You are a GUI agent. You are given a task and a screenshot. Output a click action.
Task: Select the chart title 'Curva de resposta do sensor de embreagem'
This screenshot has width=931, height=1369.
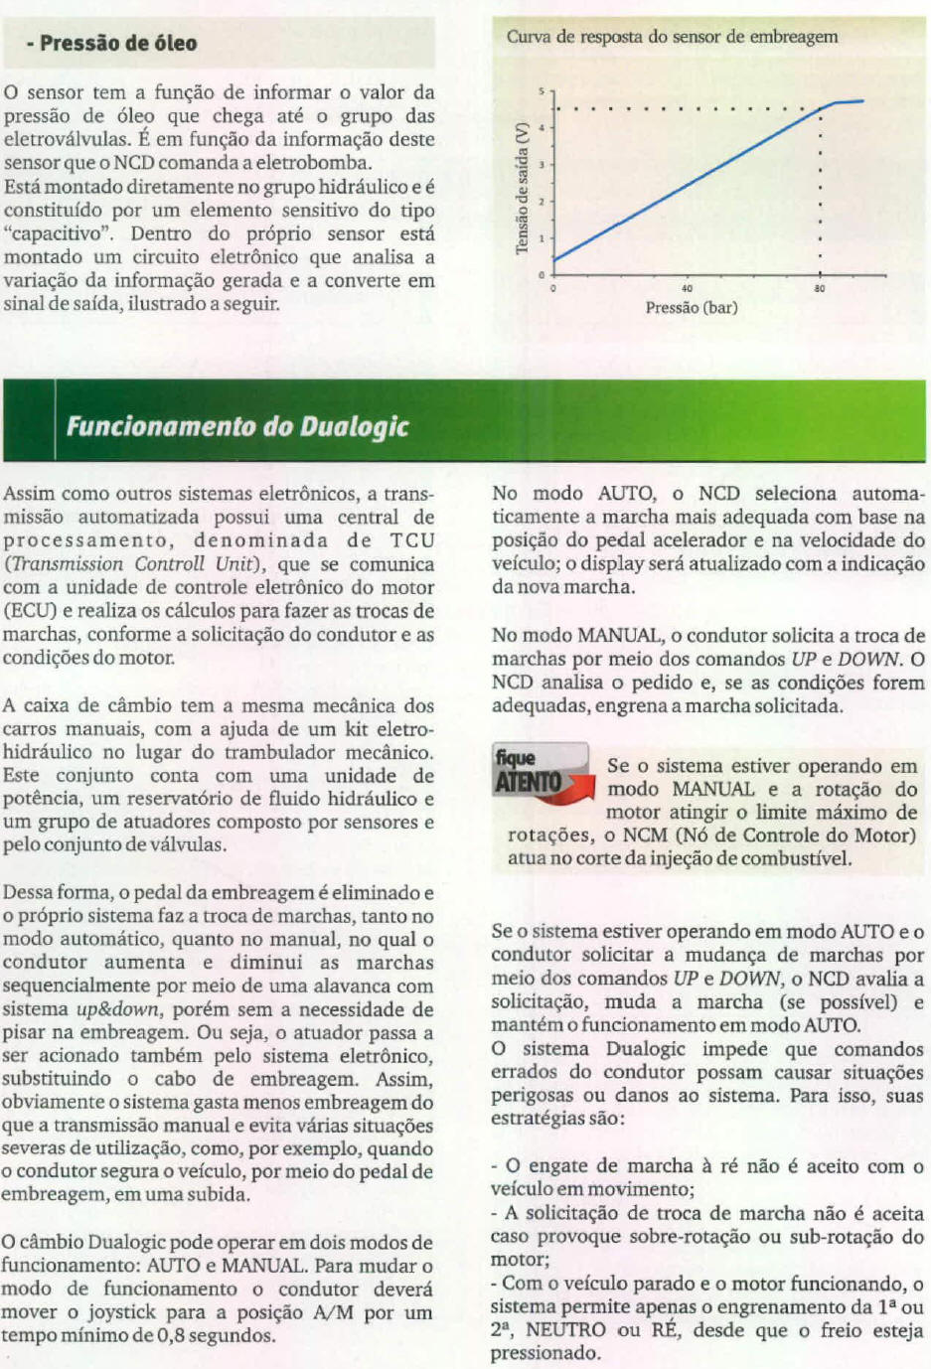(x=672, y=37)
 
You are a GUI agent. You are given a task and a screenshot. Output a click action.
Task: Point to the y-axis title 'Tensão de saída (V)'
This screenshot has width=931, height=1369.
(x=522, y=188)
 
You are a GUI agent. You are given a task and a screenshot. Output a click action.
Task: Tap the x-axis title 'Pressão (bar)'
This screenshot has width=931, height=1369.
(x=692, y=308)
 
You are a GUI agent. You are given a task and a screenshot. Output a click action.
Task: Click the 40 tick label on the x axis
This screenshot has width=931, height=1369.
(x=688, y=288)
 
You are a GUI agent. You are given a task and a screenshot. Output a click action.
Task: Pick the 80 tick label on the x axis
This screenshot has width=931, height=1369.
(x=820, y=288)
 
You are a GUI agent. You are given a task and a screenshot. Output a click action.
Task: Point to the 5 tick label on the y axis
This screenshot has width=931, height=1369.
(x=542, y=91)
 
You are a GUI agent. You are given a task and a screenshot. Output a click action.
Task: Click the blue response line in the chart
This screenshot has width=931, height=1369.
(x=686, y=185)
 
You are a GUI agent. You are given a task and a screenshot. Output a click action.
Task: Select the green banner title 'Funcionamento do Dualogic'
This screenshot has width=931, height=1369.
(x=237, y=427)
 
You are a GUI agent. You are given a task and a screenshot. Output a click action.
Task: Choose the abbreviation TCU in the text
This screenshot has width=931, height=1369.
(x=412, y=540)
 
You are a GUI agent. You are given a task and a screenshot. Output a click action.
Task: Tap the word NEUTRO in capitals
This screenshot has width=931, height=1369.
(x=565, y=1330)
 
